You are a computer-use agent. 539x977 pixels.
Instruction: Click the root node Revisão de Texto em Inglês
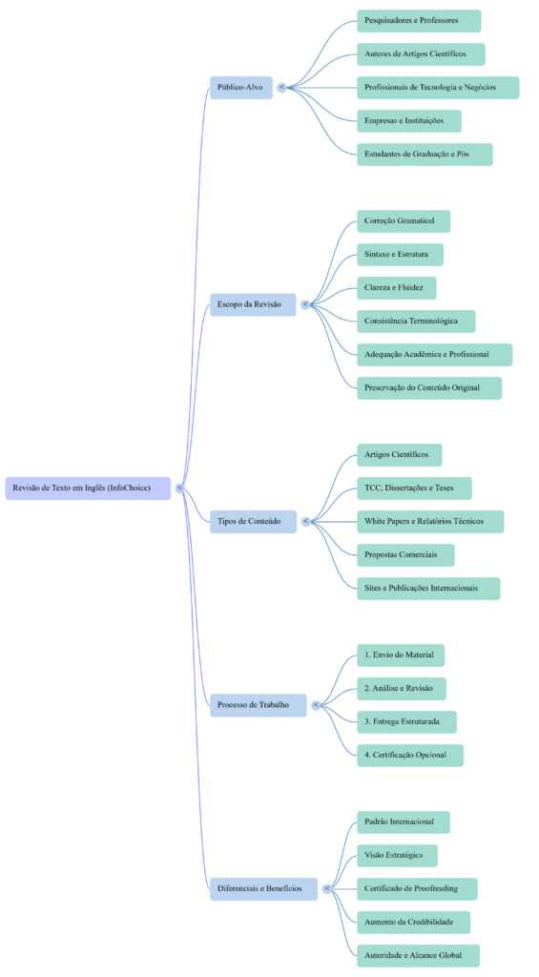89,488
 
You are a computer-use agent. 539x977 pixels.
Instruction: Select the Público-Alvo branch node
240,88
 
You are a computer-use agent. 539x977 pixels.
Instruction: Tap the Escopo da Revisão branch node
253,304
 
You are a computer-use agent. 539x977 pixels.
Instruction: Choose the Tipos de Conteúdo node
253,521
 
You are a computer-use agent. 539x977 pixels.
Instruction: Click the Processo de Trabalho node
258,705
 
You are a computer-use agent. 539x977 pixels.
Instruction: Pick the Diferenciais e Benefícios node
263,888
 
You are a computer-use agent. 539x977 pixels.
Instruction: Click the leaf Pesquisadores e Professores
418,21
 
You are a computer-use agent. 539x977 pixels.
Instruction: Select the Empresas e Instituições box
408,121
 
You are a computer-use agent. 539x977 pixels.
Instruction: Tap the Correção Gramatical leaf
403,221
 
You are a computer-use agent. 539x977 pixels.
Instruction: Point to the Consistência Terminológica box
416,322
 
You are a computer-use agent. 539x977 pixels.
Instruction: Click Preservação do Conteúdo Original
428,388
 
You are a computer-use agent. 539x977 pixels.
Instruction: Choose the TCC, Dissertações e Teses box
414,488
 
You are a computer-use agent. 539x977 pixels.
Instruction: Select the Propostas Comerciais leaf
405,555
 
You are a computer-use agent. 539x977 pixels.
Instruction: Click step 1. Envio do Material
400,655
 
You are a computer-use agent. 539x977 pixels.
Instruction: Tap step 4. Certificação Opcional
409,756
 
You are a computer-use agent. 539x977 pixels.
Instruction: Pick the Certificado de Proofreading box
417,889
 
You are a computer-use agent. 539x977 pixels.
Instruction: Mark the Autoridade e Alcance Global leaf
418,955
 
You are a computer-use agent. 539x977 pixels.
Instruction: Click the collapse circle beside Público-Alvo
281,88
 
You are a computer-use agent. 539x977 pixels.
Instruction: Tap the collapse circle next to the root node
180,488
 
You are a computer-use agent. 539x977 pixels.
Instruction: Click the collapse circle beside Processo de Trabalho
316,705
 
